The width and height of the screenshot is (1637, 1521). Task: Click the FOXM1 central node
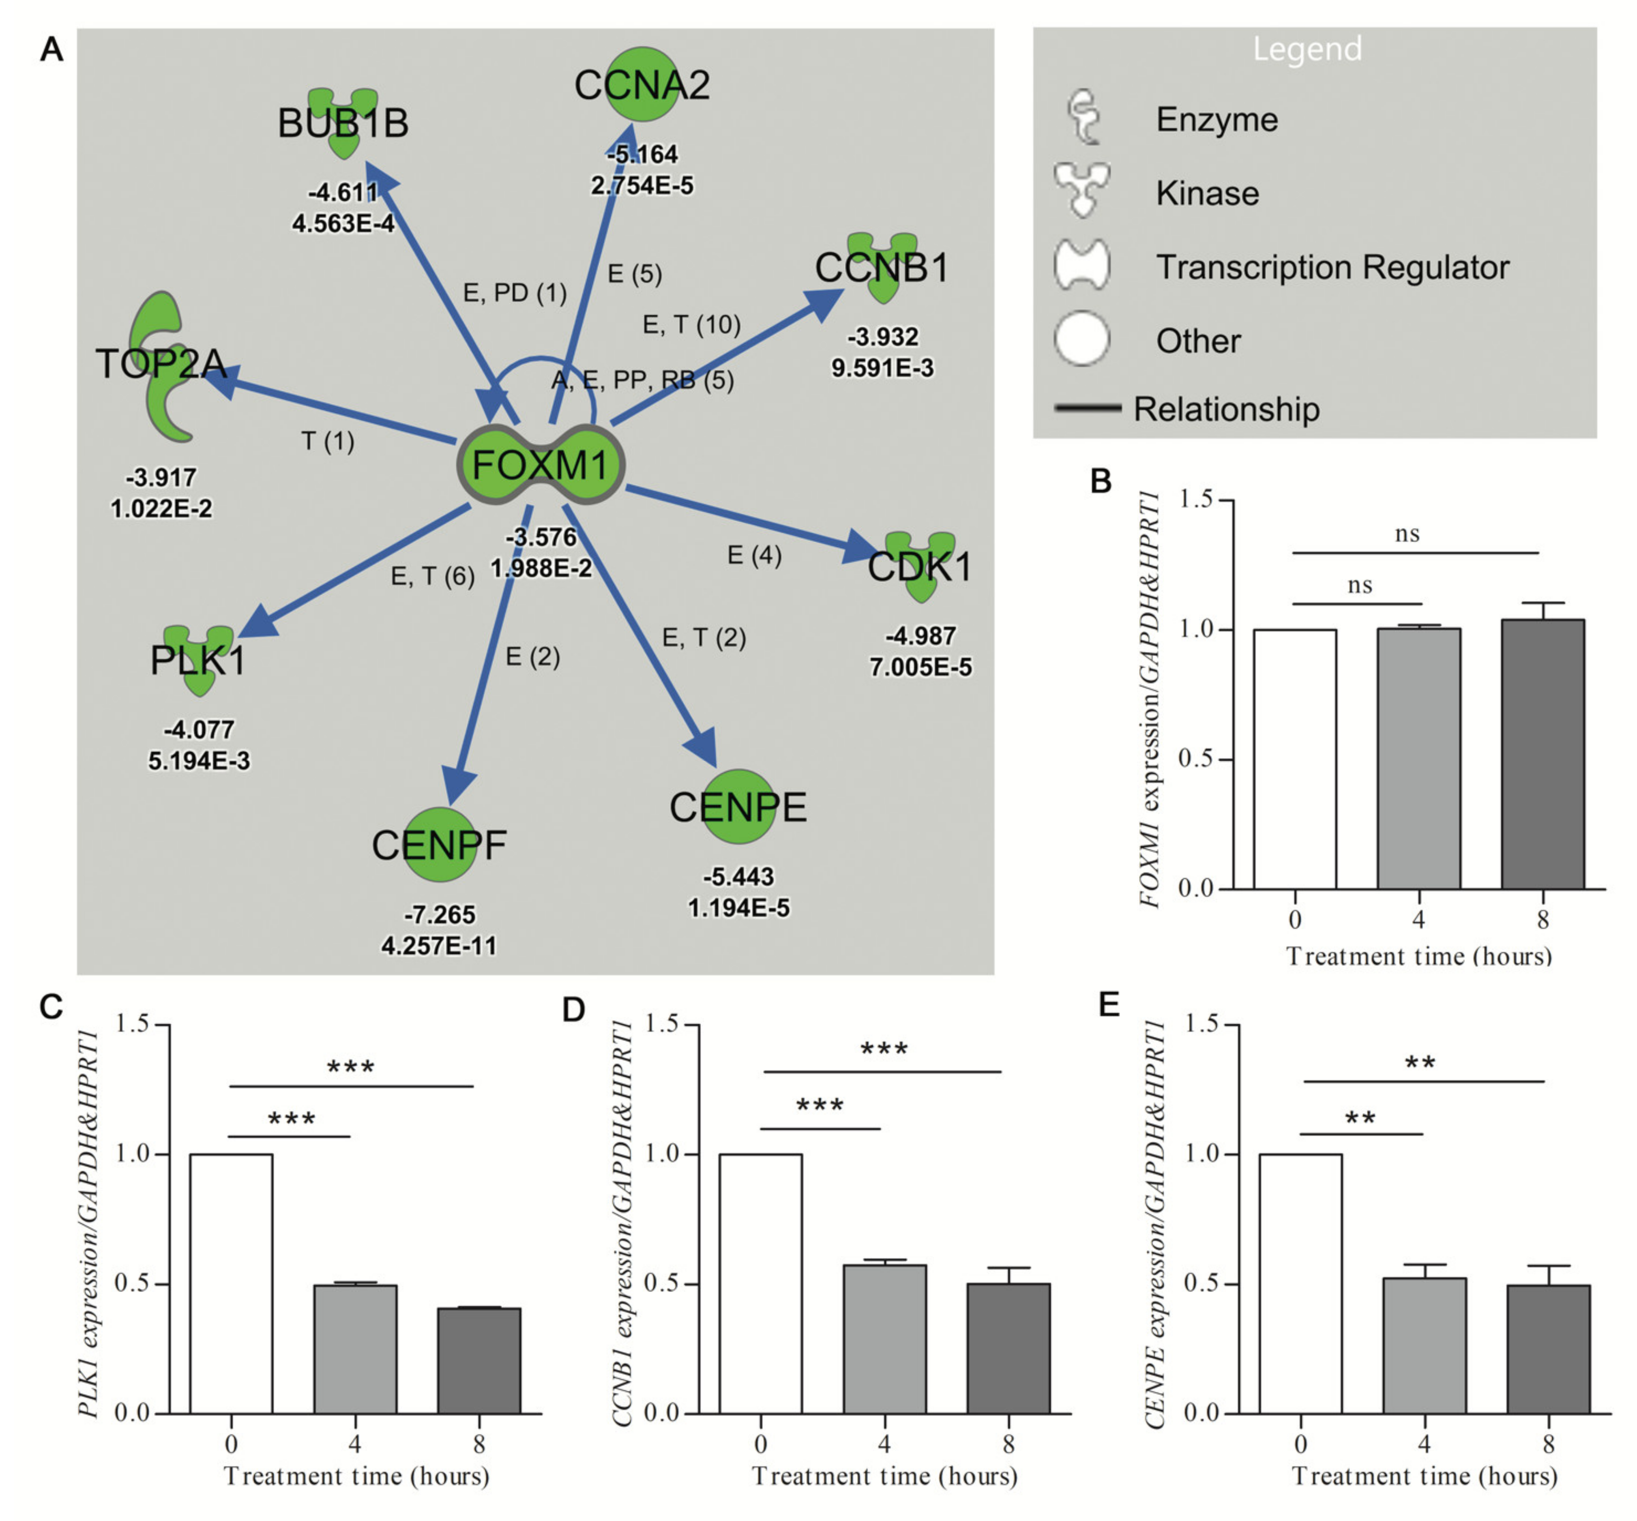coord(541,465)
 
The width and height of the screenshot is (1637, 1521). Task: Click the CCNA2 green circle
coord(642,84)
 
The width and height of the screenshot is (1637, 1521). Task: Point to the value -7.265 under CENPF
coord(440,914)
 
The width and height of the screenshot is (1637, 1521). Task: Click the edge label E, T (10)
coord(691,325)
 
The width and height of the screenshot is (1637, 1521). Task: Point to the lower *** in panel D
coord(820,1105)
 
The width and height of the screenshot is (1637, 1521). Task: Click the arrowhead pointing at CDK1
coord(860,547)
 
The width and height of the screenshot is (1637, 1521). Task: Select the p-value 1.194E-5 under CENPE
coord(738,908)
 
